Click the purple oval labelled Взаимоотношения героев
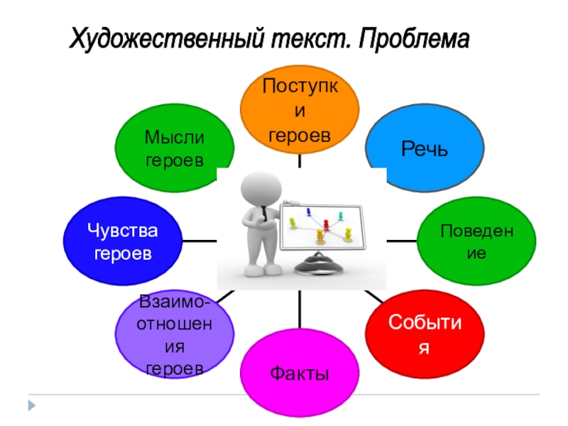pyautogui.click(x=175, y=335)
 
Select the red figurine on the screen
pyautogui.click(x=326, y=224)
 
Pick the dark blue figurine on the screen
pyautogui.click(x=309, y=212)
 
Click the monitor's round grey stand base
pyautogui.click(x=320, y=266)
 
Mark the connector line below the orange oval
pyautogui.click(x=299, y=162)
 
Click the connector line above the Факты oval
pyautogui.click(x=299, y=312)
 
